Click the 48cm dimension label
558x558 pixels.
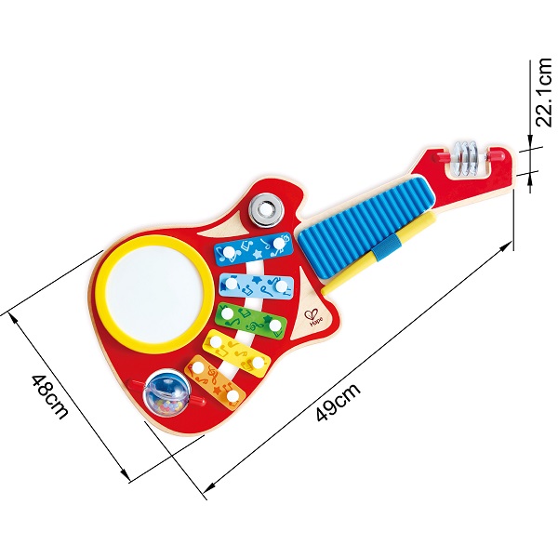click(x=49, y=396)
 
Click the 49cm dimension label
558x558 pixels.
click(x=339, y=402)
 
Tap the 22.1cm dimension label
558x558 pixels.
click(x=544, y=92)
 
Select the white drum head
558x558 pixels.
click(x=154, y=293)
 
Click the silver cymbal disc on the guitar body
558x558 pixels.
click(x=266, y=210)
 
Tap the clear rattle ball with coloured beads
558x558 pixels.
click(x=166, y=392)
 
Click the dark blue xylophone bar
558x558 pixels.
click(x=253, y=249)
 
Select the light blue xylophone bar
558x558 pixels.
click(x=256, y=286)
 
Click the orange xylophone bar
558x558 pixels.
click(x=217, y=383)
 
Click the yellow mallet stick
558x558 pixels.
click(x=379, y=253)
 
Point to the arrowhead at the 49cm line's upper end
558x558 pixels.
click(x=507, y=246)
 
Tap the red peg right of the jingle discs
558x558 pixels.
click(x=496, y=154)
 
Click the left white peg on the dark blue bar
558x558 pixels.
click(x=229, y=253)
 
